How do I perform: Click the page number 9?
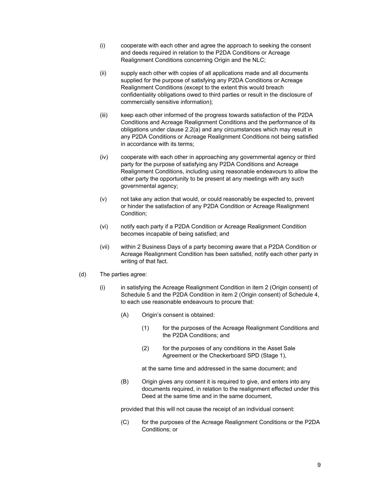point(319,465)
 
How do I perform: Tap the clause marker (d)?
point(83,274)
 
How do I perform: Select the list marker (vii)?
point(105,247)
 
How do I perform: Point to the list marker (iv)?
point(104,157)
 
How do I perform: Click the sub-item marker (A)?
point(125,315)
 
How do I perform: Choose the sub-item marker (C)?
point(125,422)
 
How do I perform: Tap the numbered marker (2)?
point(145,348)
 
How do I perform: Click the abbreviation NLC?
point(258,60)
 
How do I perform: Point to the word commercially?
point(137,102)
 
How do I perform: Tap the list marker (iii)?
point(104,115)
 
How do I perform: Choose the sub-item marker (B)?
point(125,382)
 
